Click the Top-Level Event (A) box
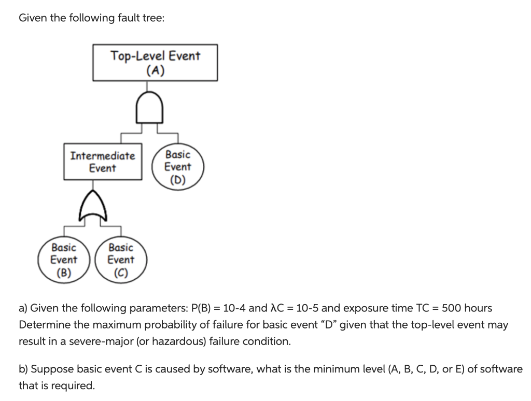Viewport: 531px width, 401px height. [155, 63]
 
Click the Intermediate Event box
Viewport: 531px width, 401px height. [103, 162]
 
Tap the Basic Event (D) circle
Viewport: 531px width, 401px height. [177, 167]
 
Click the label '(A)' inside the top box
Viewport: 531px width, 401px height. [155, 70]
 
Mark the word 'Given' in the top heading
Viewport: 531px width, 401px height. [32, 18]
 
